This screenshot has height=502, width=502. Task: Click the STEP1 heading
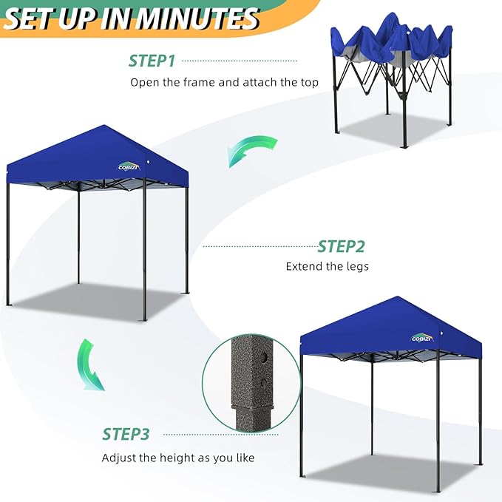pyautogui.click(x=153, y=61)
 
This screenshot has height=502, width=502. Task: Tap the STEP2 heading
pyautogui.click(x=341, y=246)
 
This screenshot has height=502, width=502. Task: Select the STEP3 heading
pyautogui.click(x=126, y=434)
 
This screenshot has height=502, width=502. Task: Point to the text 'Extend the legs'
pyautogui.click(x=327, y=266)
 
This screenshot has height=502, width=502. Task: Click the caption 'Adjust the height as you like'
pyautogui.click(x=177, y=458)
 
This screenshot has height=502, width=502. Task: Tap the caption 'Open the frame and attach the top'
pyautogui.click(x=224, y=82)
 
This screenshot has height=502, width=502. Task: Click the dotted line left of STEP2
pyautogui.click(x=258, y=246)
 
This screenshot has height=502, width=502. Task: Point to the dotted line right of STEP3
pyautogui.click(x=214, y=434)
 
